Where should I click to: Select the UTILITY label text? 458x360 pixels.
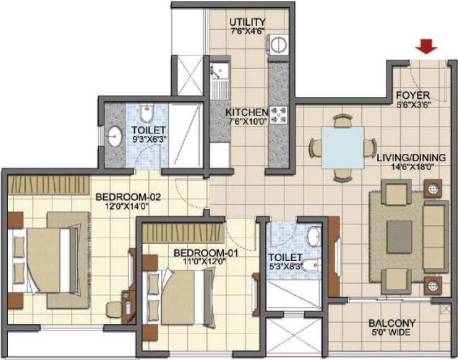[x=247, y=22]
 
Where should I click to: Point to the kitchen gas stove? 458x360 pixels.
[x=279, y=115]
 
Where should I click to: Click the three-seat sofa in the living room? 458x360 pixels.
[x=436, y=236]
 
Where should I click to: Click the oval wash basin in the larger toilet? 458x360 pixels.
[x=115, y=137]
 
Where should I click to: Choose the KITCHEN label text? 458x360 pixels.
[x=247, y=112]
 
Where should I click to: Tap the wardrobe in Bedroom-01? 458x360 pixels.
[x=183, y=231]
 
